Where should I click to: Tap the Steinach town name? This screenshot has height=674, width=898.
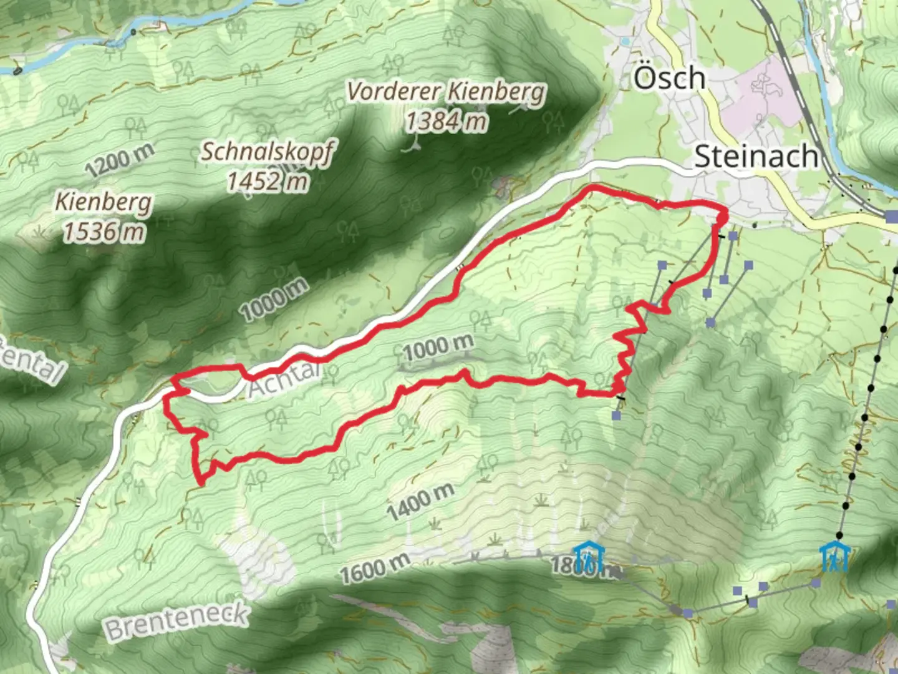click(x=756, y=156)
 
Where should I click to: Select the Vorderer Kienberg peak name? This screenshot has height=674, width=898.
click(x=446, y=92)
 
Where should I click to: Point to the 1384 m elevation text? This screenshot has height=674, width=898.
click(x=446, y=120)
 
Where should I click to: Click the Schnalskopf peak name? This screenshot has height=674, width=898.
click(x=268, y=152)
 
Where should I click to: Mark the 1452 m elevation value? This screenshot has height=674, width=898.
click(x=268, y=181)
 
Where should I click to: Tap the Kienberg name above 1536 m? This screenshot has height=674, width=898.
click(x=104, y=202)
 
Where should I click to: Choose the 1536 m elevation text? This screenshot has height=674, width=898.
click(x=104, y=232)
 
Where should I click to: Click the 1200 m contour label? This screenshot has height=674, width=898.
click(x=119, y=160)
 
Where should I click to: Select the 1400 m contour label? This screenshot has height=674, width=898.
click(x=420, y=502)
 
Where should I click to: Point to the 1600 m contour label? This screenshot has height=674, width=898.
click(x=375, y=569)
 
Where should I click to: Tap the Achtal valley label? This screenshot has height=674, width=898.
click(x=284, y=379)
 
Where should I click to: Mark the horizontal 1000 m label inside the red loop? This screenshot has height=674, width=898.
click(x=438, y=347)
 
